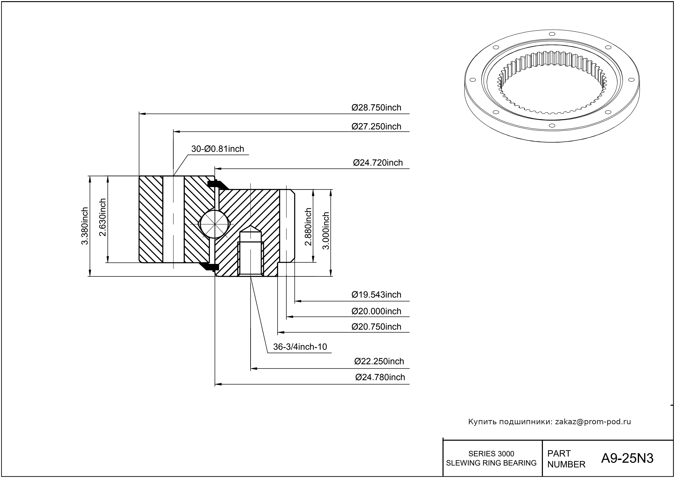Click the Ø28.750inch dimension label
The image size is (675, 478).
(x=376, y=108)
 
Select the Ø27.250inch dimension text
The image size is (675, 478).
(x=376, y=127)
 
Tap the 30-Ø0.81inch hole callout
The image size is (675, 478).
(x=217, y=149)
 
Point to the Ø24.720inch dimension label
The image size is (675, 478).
(x=378, y=163)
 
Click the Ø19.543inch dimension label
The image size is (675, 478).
(x=376, y=295)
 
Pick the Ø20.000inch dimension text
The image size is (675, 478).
(x=376, y=311)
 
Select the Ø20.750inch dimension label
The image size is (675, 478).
(x=376, y=327)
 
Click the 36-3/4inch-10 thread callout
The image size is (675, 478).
(x=300, y=347)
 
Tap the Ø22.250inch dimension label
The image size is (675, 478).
(x=379, y=361)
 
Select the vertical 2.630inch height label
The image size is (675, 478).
(x=103, y=217)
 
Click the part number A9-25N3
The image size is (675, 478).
(x=627, y=458)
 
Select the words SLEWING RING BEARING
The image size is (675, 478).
(x=491, y=463)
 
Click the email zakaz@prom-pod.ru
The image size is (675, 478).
(x=593, y=422)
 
